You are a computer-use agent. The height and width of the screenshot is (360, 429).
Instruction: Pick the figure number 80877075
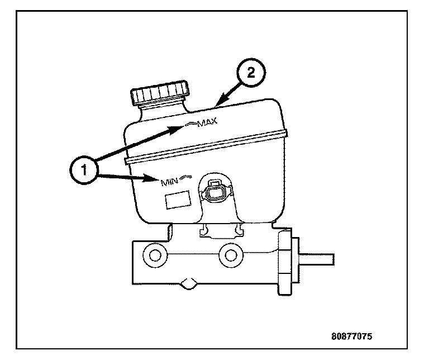351,337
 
